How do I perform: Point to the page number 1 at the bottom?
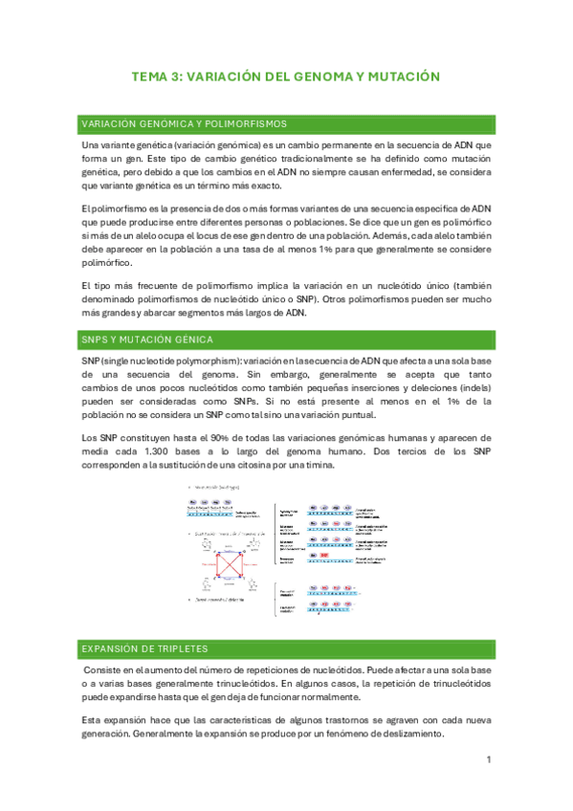(x=488, y=760)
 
